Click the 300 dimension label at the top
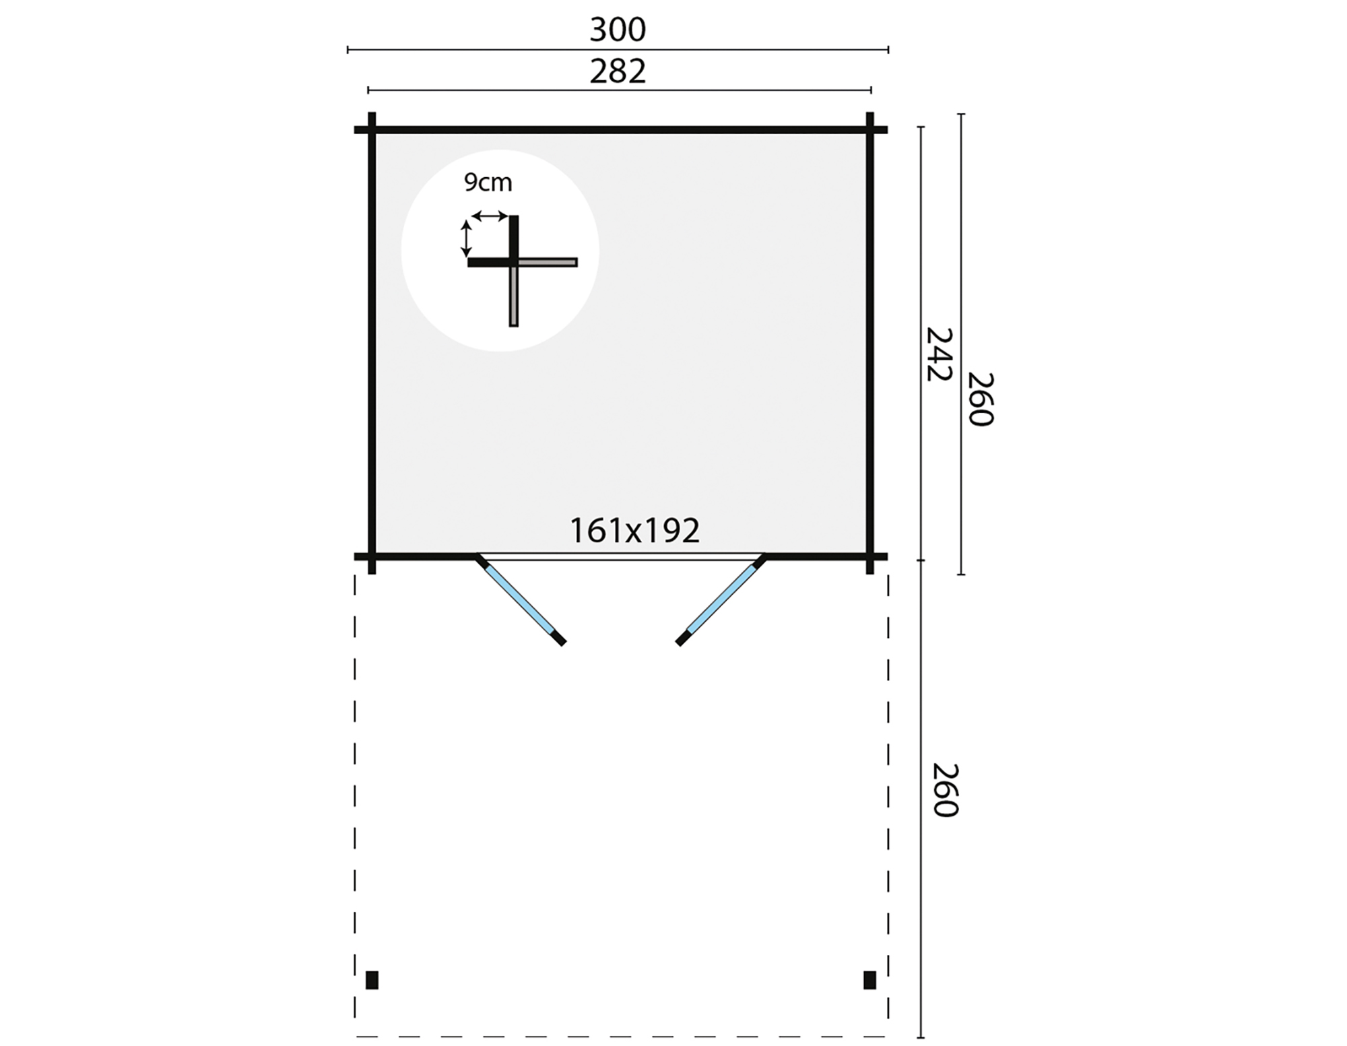point(618,30)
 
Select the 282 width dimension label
point(618,71)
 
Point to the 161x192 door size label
point(634,531)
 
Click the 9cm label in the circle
point(488,183)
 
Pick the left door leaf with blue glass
point(521,599)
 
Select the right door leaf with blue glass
point(721,599)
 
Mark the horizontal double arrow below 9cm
point(490,216)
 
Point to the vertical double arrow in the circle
point(465,238)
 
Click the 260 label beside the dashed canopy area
point(945,790)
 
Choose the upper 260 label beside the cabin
point(981,399)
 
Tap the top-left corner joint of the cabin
point(372,129)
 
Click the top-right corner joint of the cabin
point(869,129)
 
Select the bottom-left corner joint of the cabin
point(372,557)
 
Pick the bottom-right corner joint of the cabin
point(869,557)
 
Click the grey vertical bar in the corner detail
point(514,296)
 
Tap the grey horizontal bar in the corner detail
point(548,262)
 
